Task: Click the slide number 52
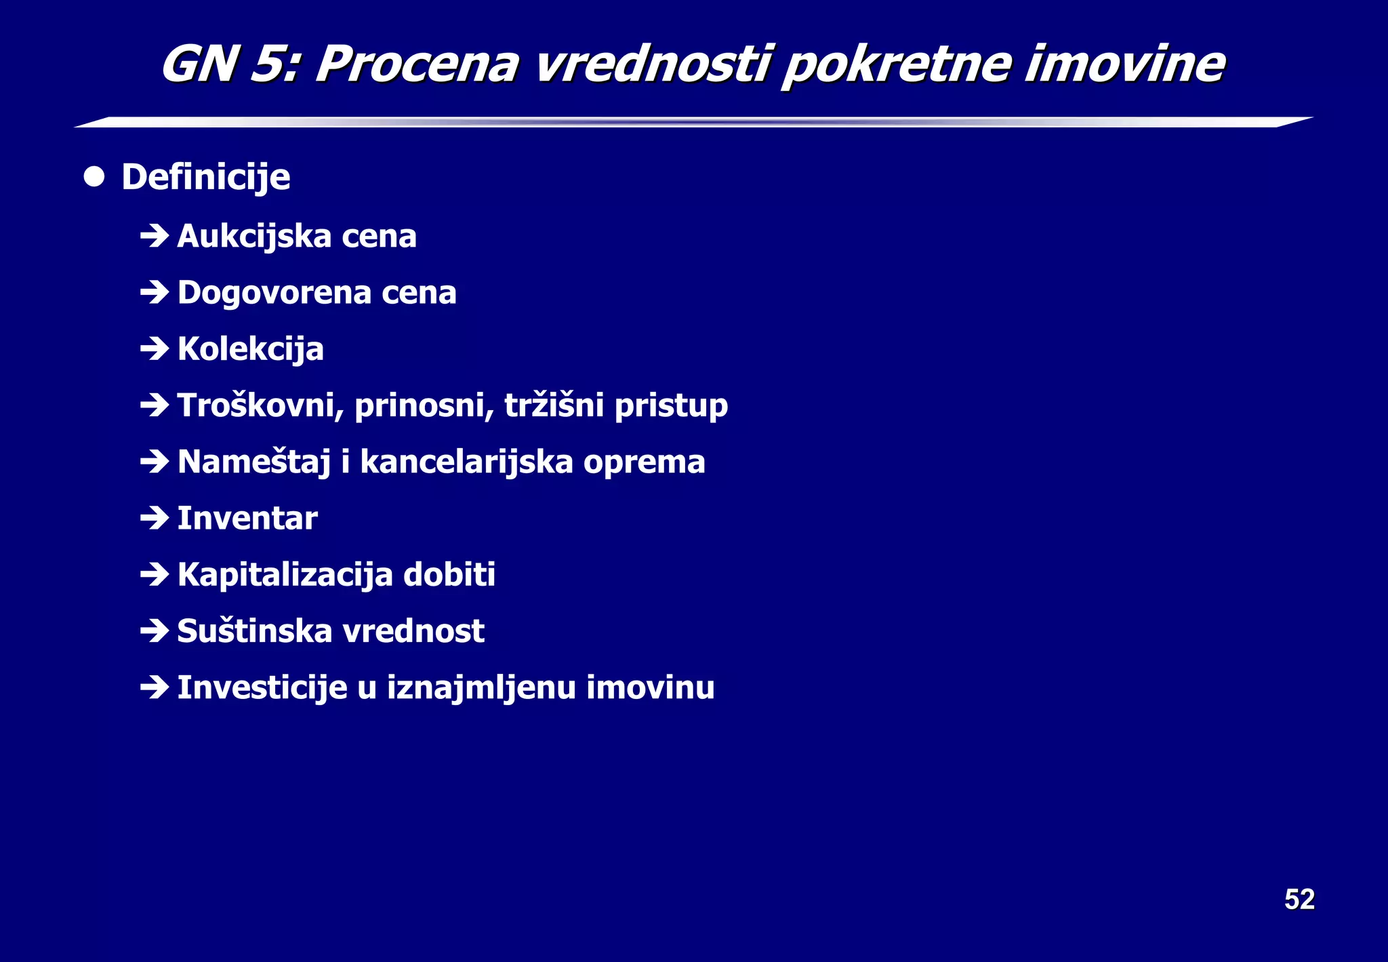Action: (x=1299, y=900)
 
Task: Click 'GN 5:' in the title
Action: (x=229, y=64)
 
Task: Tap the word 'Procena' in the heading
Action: (x=417, y=64)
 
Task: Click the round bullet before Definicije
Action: (x=94, y=178)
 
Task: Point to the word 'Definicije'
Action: (x=205, y=178)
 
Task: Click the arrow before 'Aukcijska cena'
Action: (x=155, y=237)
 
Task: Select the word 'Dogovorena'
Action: (x=274, y=293)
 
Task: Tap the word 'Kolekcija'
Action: (x=250, y=349)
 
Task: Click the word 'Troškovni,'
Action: (x=261, y=405)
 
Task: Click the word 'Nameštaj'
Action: (x=253, y=462)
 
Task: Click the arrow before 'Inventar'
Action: (x=155, y=519)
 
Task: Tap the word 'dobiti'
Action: (x=449, y=575)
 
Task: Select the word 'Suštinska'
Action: (x=254, y=631)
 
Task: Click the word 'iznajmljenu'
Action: (x=481, y=687)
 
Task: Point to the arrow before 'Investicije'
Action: (x=155, y=688)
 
